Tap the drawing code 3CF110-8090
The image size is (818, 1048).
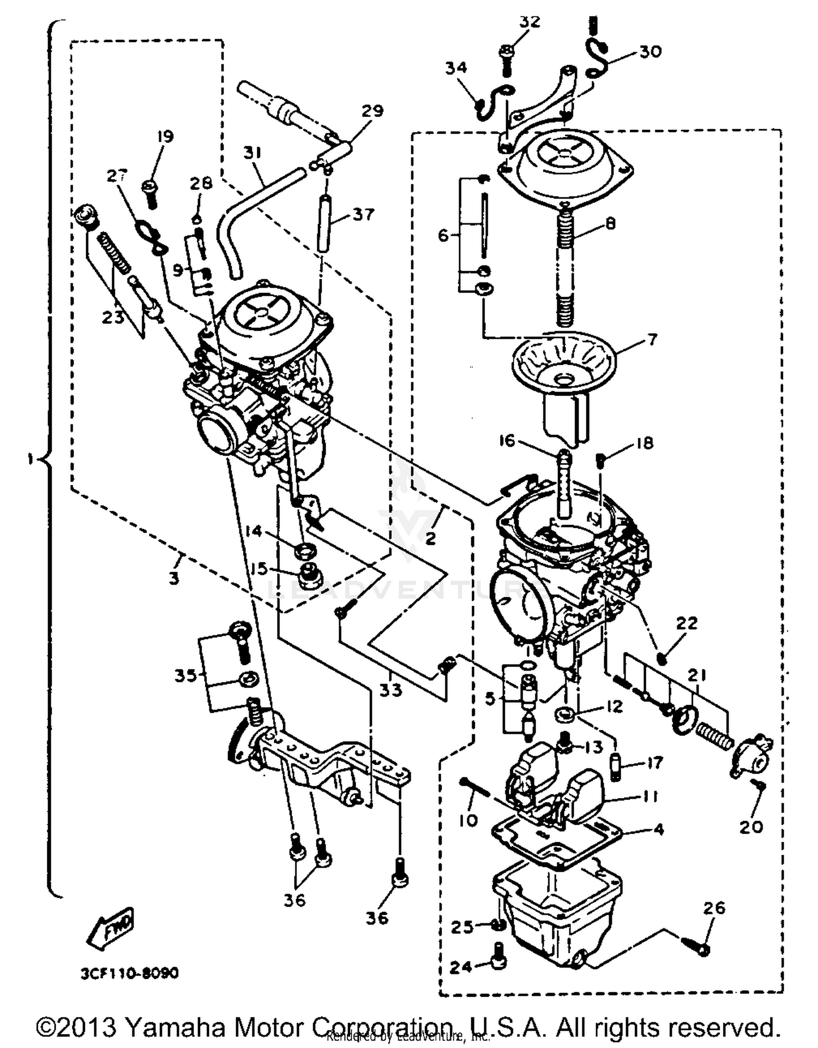coord(129,973)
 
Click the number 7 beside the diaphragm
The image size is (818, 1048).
coord(652,339)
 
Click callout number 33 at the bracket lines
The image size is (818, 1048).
coord(390,690)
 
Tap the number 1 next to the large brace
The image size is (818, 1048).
coord(31,459)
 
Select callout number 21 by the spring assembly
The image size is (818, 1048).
coord(696,676)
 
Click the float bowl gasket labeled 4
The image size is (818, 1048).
coord(556,843)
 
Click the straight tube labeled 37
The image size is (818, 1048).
coord(324,223)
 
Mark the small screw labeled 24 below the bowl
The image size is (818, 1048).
coord(498,964)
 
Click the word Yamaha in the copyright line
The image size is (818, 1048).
coord(174,1027)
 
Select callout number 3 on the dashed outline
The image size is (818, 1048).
coord(173,578)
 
